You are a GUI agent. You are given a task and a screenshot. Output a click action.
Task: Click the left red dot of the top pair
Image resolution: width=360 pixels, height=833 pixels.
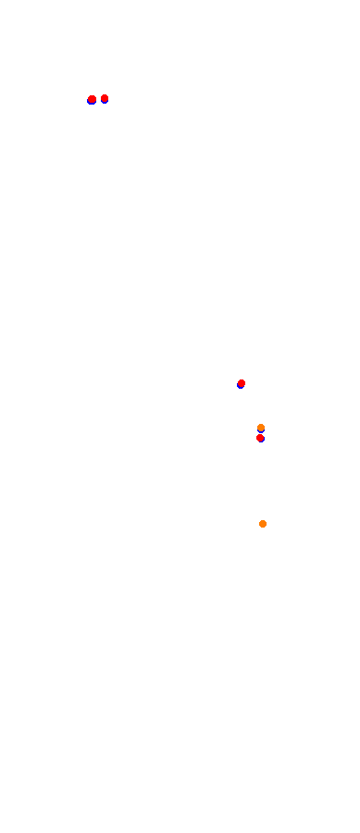pyautogui.click(x=92, y=99)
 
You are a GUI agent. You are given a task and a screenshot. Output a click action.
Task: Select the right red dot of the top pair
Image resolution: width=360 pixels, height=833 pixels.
pyautogui.click(x=105, y=98)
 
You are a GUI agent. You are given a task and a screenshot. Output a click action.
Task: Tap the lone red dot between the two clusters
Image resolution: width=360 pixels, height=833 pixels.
pyautogui.click(x=242, y=383)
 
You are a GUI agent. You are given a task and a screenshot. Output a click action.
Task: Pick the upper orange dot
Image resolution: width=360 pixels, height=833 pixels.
pyautogui.click(x=261, y=428)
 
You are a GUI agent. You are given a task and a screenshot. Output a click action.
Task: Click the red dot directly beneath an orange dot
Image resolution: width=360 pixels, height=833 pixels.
pyautogui.click(x=260, y=438)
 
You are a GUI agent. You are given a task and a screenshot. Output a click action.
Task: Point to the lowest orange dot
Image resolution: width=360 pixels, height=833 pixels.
pyautogui.click(x=263, y=524)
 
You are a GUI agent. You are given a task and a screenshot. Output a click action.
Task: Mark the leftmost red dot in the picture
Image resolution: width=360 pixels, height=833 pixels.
pyautogui.click(x=92, y=99)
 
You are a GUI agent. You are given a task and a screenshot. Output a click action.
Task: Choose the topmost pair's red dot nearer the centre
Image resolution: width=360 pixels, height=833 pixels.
pyautogui.click(x=105, y=98)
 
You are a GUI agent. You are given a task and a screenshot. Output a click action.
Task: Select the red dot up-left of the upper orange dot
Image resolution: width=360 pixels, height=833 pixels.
pyautogui.click(x=242, y=383)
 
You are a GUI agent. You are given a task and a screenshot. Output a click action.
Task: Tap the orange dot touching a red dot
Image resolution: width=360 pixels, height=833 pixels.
pyautogui.click(x=261, y=428)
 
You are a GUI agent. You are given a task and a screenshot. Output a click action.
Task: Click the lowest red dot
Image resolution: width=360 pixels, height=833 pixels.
pyautogui.click(x=260, y=438)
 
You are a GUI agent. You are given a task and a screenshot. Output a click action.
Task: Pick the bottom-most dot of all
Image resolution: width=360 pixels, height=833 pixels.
pyautogui.click(x=263, y=524)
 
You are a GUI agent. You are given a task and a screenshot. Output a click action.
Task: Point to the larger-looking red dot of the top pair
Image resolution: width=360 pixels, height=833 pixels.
pyautogui.click(x=92, y=99)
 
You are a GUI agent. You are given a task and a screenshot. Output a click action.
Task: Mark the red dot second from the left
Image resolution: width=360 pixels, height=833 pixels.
pyautogui.click(x=105, y=98)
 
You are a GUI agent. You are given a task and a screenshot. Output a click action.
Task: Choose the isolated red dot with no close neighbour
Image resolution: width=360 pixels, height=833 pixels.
pyautogui.click(x=242, y=383)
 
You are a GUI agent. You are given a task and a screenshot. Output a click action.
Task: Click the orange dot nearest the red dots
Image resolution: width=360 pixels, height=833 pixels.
pyautogui.click(x=261, y=428)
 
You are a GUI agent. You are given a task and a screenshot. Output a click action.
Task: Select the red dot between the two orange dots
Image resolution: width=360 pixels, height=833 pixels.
pyautogui.click(x=260, y=438)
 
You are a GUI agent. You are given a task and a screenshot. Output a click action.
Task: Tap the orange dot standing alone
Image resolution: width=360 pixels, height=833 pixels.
pyautogui.click(x=263, y=524)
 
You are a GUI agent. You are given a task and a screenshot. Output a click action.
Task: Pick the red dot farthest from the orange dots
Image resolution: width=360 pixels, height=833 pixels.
pyautogui.click(x=92, y=99)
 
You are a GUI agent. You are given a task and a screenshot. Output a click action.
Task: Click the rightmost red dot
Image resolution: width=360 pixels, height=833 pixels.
pyautogui.click(x=260, y=438)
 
